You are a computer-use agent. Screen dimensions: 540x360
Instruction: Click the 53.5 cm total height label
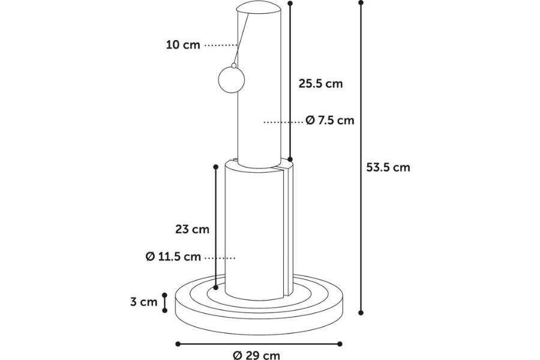[388, 167]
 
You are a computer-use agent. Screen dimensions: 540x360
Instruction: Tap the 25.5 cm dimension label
[320, 83]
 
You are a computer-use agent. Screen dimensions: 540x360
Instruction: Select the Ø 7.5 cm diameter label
[330, 120]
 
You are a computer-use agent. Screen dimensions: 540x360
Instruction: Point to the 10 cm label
[183, 45]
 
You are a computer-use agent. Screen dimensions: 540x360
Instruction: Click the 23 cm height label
[192, 229]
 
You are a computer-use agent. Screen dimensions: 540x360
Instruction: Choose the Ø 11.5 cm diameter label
[173, 257]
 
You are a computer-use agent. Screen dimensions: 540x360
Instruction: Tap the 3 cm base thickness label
[144, 302]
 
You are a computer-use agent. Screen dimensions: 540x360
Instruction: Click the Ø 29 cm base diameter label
[257, 355]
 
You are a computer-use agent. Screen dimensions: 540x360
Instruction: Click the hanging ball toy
[232, 80]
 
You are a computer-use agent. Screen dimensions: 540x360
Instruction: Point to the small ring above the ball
[234, 65]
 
